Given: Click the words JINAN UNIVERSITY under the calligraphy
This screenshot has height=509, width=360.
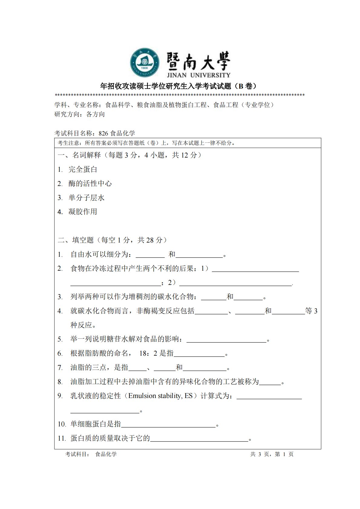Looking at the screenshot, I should (198, 75).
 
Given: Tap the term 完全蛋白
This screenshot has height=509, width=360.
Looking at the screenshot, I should (83, 169).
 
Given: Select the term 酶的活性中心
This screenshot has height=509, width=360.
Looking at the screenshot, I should (90, 184).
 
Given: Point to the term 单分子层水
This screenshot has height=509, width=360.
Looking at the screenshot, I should (87, 198).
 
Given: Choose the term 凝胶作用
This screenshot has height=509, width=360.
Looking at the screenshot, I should (83, 212).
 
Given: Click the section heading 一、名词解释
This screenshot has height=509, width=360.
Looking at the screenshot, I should (79, 155).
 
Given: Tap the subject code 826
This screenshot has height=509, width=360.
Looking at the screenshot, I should (103, 133).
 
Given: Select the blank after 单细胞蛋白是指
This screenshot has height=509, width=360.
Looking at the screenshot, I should (168, 425).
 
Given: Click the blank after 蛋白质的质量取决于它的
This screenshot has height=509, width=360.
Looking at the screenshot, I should (199, 439).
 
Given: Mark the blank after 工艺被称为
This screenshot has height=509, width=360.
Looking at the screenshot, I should (270, 382).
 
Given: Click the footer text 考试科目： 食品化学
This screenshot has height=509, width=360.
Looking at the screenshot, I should (91, 454).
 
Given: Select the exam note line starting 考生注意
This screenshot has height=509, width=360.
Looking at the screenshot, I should (146, 143).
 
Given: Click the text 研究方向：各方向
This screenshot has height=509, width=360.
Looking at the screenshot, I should (80, 114).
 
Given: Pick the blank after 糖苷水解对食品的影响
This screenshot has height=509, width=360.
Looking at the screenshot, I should (227, 340).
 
